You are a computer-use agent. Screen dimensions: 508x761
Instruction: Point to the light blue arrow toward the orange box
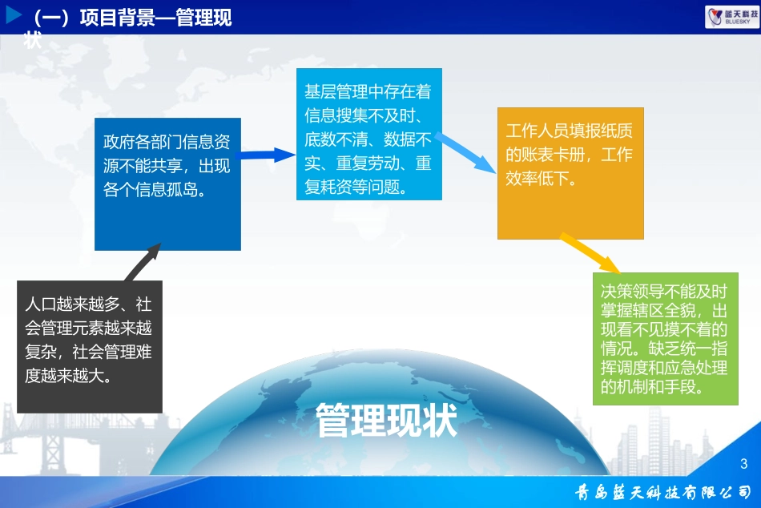tap(467, 151)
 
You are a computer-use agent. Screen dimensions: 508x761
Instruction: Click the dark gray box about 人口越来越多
tap(90, 346)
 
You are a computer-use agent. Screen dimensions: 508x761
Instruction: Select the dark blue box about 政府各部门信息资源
tap(167, 184)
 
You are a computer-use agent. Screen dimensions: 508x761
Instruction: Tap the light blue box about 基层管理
tap(369, 131)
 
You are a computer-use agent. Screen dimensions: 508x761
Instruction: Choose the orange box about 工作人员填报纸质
tap(570, 173)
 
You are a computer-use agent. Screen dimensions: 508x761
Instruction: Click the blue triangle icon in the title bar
tap(14, 15)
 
